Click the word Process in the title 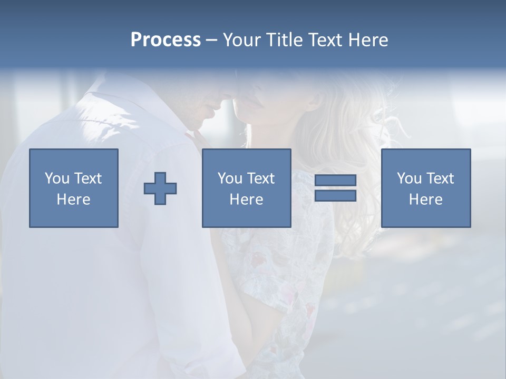[166, 40]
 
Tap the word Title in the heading [285, 40]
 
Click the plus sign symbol [160, 188]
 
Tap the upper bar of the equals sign [335, 180]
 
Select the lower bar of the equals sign [335, 196]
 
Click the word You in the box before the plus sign [57, 178]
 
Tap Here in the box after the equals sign [426, 200]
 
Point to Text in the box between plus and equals [261, 178]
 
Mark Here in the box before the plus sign [74, 200]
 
